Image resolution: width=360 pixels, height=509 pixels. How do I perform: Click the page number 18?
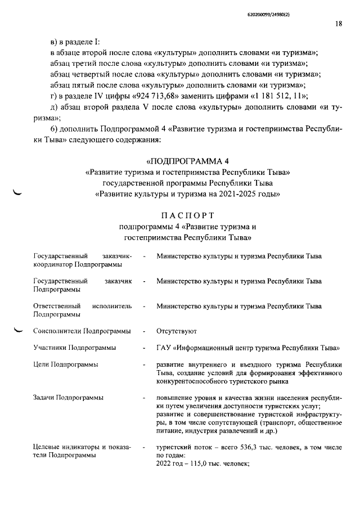(x=338, y=24)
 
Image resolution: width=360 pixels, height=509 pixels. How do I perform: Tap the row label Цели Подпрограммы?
(x=66, y=364)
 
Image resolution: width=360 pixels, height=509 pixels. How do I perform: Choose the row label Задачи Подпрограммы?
(x=68, y=398)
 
